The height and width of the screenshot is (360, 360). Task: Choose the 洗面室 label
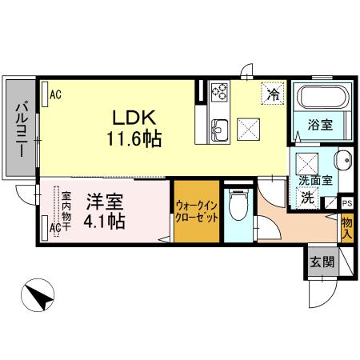click(x=315, y=181)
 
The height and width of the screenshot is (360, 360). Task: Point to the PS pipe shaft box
click(x=346, y=203)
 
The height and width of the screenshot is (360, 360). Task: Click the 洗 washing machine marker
click(x=307, y=198)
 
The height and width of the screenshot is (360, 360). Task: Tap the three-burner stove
click(x=218, y=96)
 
